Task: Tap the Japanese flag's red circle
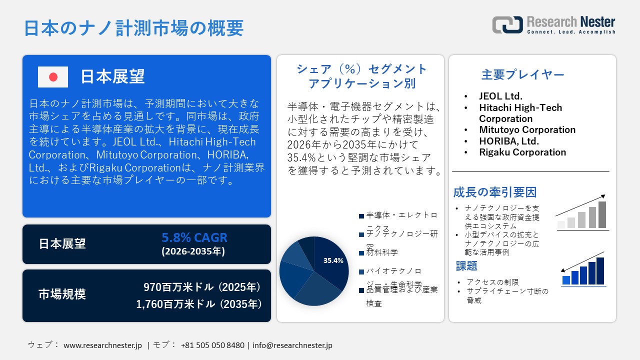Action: point(53,77)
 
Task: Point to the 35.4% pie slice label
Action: point(333,260)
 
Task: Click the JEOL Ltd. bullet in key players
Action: point(500,96)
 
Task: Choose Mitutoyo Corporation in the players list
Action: point(527,130)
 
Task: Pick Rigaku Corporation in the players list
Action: point(522,152)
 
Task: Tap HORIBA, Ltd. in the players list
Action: point(508,141)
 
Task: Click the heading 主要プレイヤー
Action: point(522,75)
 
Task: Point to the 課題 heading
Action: point(466,265)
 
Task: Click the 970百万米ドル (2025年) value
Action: point(202,287)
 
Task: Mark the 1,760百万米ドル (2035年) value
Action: point(198,304)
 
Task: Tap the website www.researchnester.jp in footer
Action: point(103,345)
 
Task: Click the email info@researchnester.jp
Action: point(292,345)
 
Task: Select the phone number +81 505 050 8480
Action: point(212,345)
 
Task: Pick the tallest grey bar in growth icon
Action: point(602,214)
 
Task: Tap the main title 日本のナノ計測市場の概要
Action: point(133,28)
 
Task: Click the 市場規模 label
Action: point(62,294)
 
